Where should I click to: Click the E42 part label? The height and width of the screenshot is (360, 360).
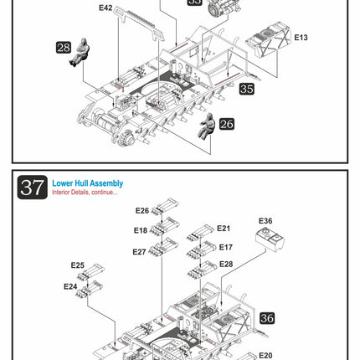coord(105,8)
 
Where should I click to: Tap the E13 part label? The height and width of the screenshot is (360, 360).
coord(301,38)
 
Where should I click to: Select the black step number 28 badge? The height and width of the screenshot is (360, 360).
coord(64,48)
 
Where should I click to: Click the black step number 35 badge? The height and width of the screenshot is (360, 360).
coord(247,89)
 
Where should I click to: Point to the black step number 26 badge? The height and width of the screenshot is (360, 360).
coord(227,124)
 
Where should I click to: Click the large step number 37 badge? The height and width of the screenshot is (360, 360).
coord(33,188)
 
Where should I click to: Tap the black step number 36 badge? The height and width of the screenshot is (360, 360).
coord(267,318)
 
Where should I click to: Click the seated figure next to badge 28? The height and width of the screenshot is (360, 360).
coord(80,52)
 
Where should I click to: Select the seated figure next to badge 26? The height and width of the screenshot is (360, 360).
coord(207,126)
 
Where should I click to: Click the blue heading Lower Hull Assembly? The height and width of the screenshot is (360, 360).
coord(88,183)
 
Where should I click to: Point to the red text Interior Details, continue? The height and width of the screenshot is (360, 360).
coord(85,193)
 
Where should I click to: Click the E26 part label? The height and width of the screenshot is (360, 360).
coord(142,211)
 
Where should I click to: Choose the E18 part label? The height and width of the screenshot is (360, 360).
coord(141,230)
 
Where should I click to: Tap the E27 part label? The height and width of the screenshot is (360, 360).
coord(139,252)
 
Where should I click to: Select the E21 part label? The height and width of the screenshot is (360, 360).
coord(224,229)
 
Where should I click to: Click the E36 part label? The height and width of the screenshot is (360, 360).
coord(265,221)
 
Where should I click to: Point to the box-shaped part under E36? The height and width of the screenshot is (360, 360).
coord(270,239)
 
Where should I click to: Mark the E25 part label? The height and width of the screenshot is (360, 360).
coord(78,265)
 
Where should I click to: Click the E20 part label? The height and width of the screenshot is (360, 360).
coord(265,355)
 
